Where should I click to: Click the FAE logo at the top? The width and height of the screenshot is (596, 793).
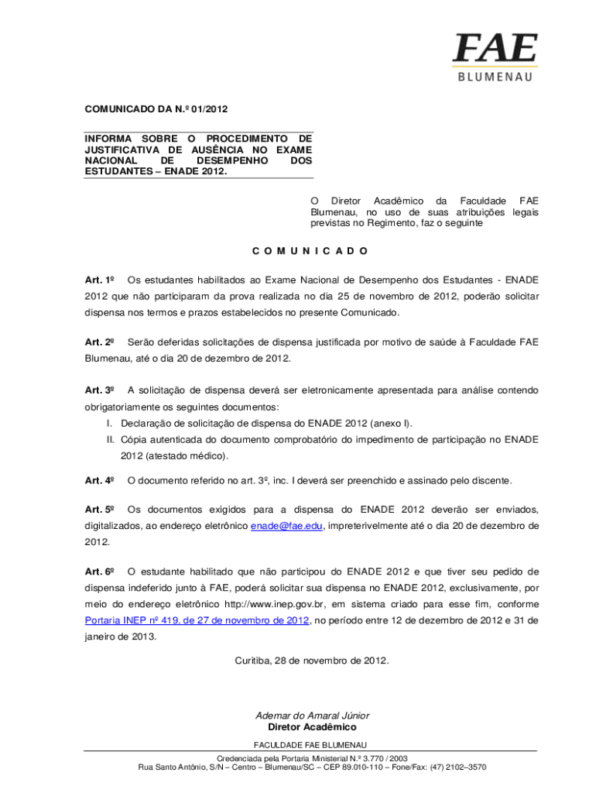coord(495,50)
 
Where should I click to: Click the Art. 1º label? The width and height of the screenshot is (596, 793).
coord(100,280)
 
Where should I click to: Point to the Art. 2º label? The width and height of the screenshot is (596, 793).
coord(100,342)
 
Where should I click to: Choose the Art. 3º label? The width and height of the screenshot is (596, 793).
coord(100,390)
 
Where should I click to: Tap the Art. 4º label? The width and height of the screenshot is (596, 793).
coord(100,480)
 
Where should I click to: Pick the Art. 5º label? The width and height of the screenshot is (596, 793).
coord(100,510)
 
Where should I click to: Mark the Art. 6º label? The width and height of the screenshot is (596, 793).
coord(100,572)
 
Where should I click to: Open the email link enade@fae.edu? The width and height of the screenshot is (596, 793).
coord(286,527)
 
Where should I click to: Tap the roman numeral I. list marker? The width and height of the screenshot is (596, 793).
coord(111,423)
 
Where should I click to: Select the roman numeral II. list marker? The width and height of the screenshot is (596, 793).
coord(111,439)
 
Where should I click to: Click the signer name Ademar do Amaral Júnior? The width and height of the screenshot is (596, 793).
coord(312,716)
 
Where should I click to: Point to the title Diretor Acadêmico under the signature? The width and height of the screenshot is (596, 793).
coord(312,728)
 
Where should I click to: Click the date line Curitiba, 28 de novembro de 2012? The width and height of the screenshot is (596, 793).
coord(312,661)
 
